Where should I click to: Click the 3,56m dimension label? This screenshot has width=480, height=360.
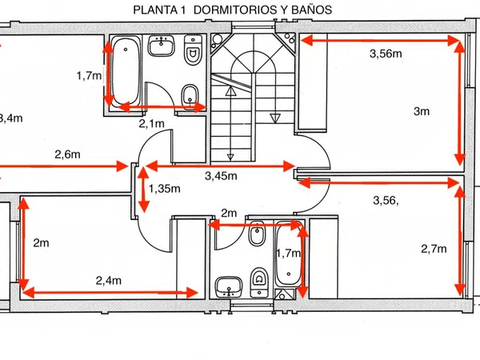tap(386, 54)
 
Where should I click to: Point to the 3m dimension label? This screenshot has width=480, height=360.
tap(421, 112)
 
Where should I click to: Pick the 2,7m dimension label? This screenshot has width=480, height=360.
tap(432, 249)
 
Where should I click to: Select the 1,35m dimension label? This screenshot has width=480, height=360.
tap(165, 190)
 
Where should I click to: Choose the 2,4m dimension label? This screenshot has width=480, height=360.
tap(108, 280)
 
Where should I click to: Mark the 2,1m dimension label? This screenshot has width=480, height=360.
tap(151, 123)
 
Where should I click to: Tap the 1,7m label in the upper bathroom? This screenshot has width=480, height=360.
tap(89, 76)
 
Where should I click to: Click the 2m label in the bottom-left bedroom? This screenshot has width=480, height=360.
tap(42, 242)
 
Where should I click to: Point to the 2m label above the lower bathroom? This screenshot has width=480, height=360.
tap(229, 213)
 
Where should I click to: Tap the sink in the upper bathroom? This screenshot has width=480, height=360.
tap(162, 46)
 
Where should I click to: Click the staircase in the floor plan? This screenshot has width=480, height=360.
tap(250, 96)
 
